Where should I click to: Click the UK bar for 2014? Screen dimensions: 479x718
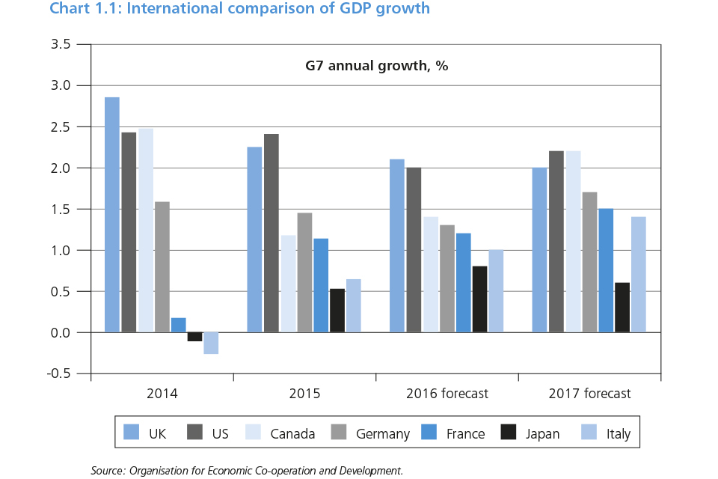tap(112, 215)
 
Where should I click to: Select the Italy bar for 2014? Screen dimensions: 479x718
tap(211, 343)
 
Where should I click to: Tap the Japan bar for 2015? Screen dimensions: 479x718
tap(337, 311)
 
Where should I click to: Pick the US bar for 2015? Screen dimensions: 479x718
tap(271, 233)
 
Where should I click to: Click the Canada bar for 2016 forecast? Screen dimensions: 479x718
tap(430, 275)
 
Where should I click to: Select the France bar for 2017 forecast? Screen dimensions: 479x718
tap(606, 270)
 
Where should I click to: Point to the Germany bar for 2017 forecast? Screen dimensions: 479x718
tap(589, 262)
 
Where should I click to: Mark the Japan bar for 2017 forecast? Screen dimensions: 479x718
tap(622, 308)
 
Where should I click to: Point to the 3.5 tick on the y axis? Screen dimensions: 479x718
tap(61, 44)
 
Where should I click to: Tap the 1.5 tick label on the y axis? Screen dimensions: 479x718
tap(61, 209)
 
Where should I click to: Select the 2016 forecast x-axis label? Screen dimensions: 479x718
tap(447, 394)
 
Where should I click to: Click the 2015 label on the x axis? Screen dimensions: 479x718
tap(304, 394)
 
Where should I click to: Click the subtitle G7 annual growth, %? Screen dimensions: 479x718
tap(376, 66)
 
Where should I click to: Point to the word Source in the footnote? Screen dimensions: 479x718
tap(108, 471)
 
